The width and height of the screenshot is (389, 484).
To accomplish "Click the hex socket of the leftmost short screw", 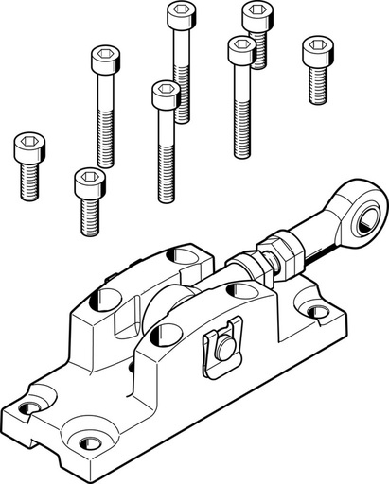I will (x=30, y=147).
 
